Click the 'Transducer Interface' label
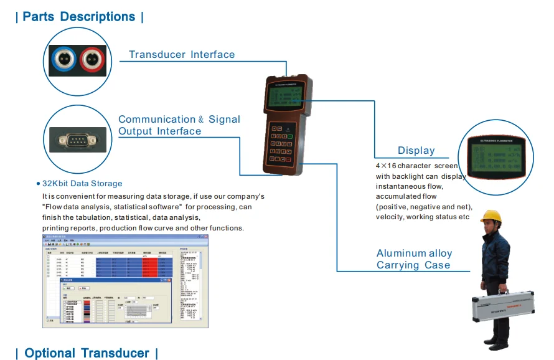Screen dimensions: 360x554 (x=182, y=55)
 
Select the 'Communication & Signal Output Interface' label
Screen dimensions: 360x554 (x=179, y=125)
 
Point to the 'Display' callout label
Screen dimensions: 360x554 (x=416, y=150)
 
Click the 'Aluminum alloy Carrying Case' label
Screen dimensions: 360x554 (x=414, y=259)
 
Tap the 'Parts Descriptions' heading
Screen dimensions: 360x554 (x=79, y=17)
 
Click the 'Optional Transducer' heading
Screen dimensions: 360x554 (x=87, y=353)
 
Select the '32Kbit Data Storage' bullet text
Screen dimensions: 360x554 (x=82, y=184)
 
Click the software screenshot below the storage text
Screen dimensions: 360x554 (x=124, y=282)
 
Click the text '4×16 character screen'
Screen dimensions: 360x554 (x=416, y=166)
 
